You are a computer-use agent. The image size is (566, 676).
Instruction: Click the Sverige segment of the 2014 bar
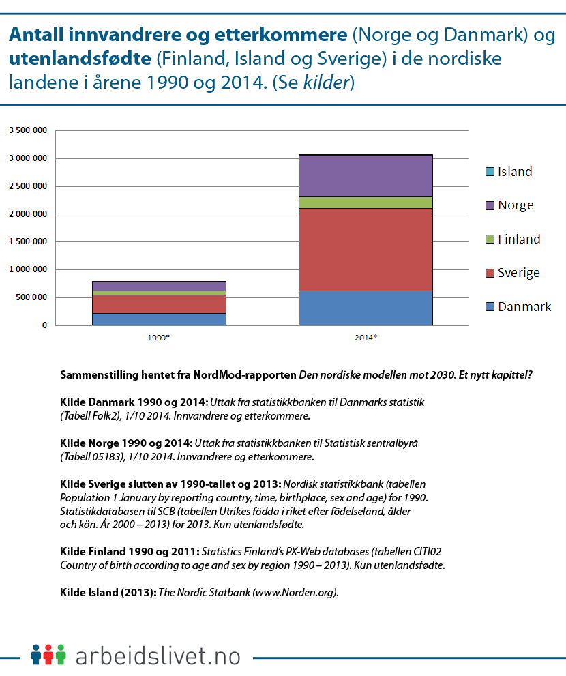click(x=366, y=249)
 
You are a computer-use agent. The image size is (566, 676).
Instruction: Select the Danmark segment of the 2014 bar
click(x=366, y=308)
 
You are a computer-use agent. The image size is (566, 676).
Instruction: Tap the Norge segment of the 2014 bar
click(x=366, y=175)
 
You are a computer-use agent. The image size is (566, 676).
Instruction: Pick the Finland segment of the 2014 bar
click(x=366, y=203)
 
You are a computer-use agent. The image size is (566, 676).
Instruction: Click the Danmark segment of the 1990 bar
click(x=159, y=319)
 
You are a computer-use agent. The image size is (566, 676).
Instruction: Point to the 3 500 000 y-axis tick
click(x=28, y=130)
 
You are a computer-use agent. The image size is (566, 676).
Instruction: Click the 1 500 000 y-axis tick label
click(x=28, y=242)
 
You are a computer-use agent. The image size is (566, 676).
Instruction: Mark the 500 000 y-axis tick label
click(x=31, y=298)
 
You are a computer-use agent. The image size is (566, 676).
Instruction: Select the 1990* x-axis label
click(x=159, y=338)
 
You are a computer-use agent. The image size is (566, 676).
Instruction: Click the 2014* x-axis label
click(x=366, y=338)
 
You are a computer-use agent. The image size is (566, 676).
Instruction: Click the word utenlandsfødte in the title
click(x=80, y=59)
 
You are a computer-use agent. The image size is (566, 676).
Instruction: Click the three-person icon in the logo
click(x=48, y=654)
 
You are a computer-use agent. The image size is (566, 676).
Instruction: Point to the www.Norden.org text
click(x=295, y=593)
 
